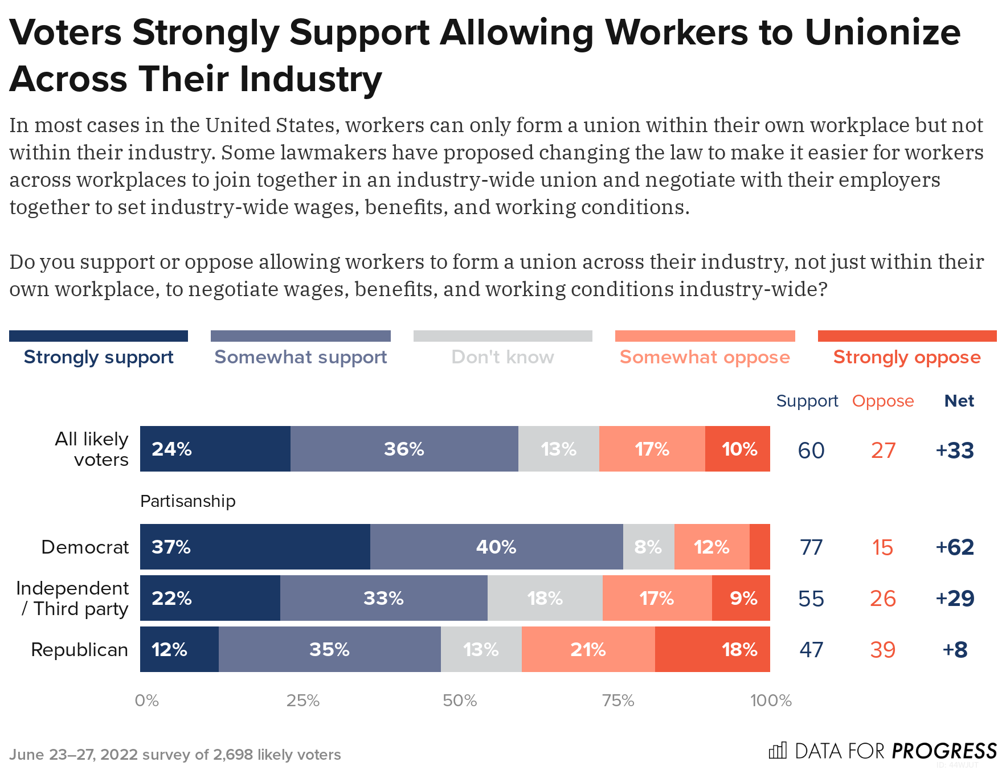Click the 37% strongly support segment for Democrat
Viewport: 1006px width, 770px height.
point(255,547)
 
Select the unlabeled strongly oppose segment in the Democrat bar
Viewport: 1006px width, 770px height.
point(759,547)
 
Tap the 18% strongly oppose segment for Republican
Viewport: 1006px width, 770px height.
point(712,649)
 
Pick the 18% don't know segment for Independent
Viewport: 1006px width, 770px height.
point(545,598)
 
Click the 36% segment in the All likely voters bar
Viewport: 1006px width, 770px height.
point(404,449)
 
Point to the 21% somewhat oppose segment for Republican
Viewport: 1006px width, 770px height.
point(588,649)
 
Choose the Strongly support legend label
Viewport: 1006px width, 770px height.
point(99,357)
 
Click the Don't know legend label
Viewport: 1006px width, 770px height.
point(502,357)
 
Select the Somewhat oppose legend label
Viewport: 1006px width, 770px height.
point(705,357)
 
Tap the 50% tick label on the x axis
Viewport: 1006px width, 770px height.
point(459,701)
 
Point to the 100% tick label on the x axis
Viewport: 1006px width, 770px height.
point(770,701)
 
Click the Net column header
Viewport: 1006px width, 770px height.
point(959,401)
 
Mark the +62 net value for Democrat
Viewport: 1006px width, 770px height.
point(955,547)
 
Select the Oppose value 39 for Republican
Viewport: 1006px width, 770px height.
point(882,650)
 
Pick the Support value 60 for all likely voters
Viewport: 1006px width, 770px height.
point(811,450)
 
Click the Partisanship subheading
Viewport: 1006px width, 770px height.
point(187,501)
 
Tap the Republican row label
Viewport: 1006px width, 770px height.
point(79,650)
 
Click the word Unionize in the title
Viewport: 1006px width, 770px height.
point(882,32)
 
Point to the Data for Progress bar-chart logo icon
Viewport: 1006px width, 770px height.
point(778,750)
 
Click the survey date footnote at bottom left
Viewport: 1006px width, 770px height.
point(175,755)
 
